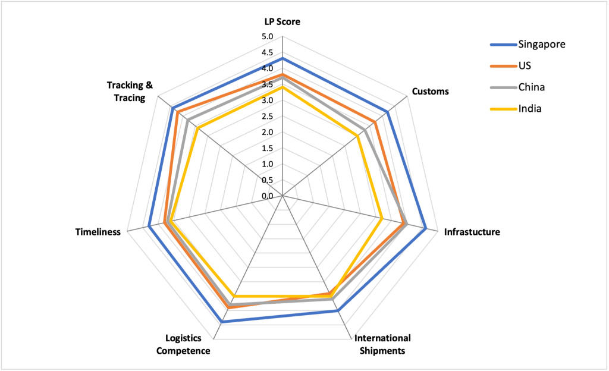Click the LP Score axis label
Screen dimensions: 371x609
pos(282,22)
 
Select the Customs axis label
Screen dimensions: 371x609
pos(430,92)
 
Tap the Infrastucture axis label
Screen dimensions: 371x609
pos(472,232)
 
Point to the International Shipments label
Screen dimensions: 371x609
pos(382,344)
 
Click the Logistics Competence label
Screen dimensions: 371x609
pos(183,344)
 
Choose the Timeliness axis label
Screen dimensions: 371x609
pos(98,232)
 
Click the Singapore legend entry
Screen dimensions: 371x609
pos(541,44)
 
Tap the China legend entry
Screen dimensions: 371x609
pos(531,87)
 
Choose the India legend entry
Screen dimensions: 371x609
pos(530,109)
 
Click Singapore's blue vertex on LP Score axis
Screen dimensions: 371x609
pos(282,59)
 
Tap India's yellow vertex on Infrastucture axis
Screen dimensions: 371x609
pos(381,218)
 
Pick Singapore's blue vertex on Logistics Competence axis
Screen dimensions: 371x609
pos(222,322)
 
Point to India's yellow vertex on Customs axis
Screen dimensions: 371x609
pos(358,136)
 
